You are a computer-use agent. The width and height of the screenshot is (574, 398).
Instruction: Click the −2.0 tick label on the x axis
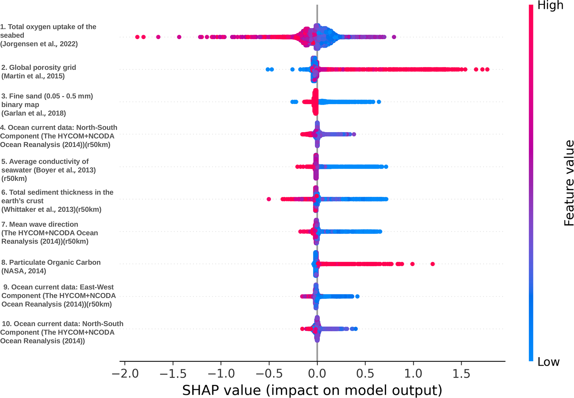[125, 374]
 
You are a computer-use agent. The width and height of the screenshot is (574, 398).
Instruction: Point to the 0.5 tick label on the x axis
[365, 374]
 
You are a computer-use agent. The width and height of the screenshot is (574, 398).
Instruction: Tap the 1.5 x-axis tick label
[461, 374]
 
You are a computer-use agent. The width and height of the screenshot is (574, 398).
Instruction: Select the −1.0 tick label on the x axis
[221, 374]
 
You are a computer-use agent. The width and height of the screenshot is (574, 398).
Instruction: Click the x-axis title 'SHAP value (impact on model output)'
[312, 390]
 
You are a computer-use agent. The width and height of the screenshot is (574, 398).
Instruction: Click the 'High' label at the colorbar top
[550, 6]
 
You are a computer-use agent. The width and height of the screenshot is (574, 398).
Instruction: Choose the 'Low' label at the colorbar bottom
[548, 362]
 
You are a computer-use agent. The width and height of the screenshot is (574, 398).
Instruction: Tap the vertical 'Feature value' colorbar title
[569, 183]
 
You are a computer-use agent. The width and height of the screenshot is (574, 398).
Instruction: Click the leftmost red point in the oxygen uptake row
[137, 37]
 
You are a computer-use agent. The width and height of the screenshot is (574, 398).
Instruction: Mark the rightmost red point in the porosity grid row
[487, 69]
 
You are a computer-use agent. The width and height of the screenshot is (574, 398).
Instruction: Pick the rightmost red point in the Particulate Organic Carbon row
[432, 264]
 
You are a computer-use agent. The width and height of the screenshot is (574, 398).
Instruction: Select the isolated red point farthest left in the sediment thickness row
[269, 199]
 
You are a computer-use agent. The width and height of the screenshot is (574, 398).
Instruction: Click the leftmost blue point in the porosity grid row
[268, 69]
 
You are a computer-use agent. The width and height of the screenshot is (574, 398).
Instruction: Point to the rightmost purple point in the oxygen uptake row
[394, 37]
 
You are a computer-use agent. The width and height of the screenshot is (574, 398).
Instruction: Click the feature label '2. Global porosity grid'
[39, 67]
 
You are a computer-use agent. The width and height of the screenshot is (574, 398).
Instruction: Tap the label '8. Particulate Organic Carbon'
[51, 262]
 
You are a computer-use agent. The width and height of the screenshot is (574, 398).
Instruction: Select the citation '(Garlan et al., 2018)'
[34, 113]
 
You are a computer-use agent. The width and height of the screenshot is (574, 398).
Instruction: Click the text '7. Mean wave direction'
[40, 224]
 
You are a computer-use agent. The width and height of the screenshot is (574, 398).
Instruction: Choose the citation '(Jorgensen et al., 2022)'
[39, 44]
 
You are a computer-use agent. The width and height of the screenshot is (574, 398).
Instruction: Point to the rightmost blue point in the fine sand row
[379, 102]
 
